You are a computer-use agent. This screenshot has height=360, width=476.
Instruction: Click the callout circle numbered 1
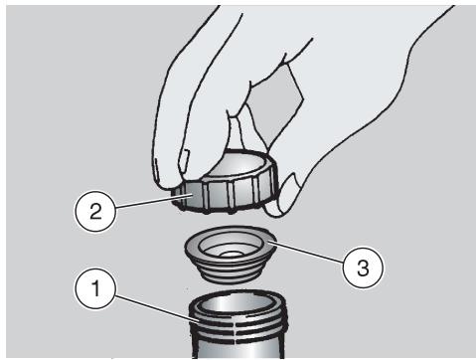point(95,288)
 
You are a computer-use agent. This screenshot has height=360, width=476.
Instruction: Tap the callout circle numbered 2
point(95,211)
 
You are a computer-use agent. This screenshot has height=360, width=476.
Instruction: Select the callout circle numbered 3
point(363,268)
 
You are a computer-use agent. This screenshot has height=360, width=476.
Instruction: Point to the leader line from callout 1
point(157,309)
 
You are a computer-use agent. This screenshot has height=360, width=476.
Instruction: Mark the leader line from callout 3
point(307,254)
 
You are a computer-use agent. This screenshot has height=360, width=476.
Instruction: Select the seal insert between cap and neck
point(231,254)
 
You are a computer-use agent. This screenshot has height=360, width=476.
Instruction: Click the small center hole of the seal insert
point(230,255)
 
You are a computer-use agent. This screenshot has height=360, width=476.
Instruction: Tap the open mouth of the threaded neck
point(238,302)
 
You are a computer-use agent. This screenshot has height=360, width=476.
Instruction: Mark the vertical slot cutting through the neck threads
point(237,331)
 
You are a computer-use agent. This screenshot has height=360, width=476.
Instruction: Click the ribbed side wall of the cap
point(226,196)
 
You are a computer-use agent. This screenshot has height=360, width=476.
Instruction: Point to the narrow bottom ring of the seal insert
point(230,276)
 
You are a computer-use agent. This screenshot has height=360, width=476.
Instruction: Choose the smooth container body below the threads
point(238,351)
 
